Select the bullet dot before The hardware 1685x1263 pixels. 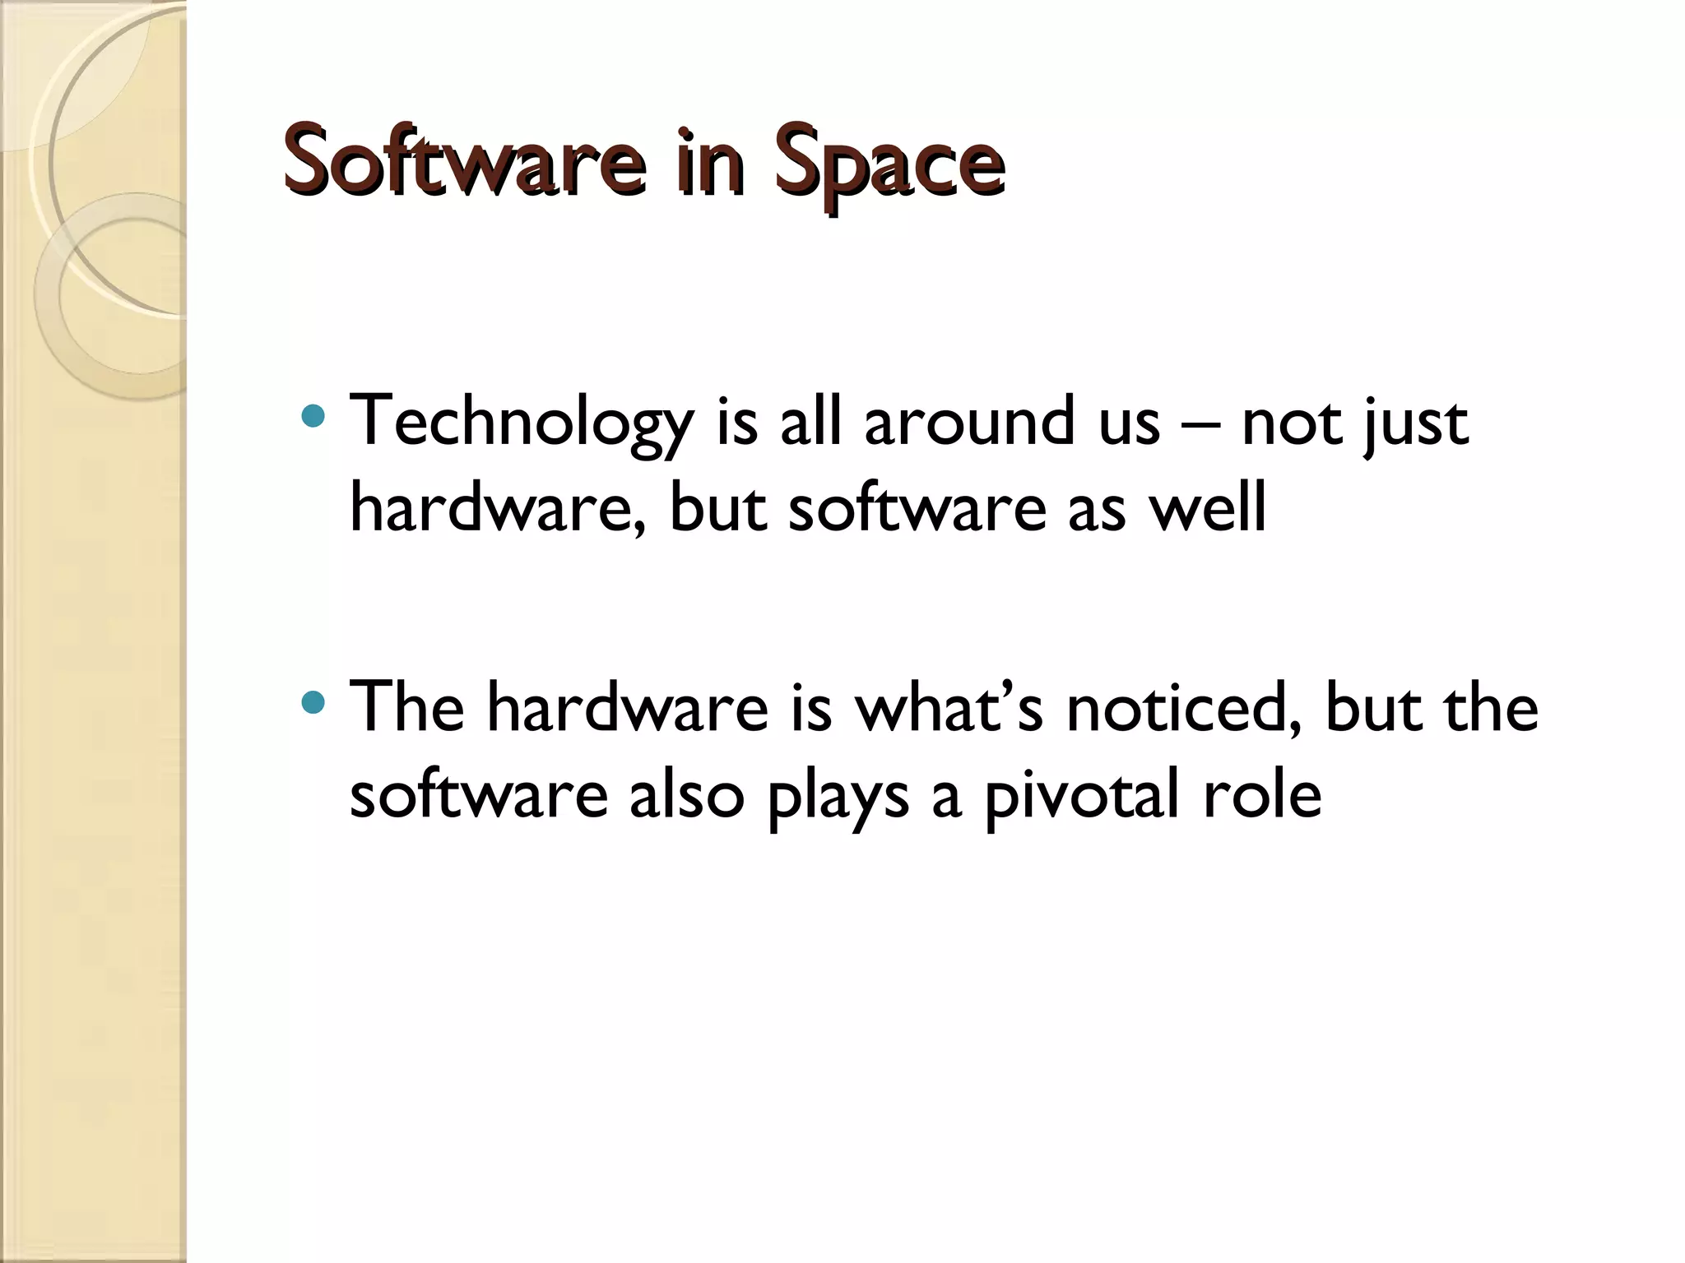click(313, 701)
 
